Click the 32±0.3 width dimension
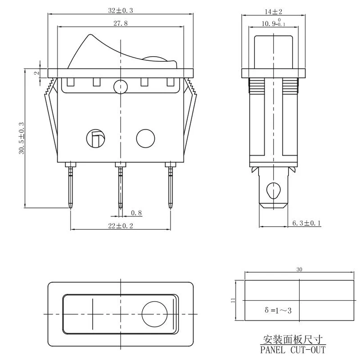click(x=120, y=10)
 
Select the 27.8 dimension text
click(x=120, y=23)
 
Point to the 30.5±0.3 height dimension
click(x=22, y=138)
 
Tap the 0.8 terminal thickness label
click(x=136, y=213)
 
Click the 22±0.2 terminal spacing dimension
click(x=121, y=226)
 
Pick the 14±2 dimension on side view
click(x=273, y=12)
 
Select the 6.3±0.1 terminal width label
click(x=306, y=223)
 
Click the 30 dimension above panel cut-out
click(x=299, y=269)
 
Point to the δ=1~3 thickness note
click(x=278, y=310)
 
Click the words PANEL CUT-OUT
click(x=293, y=350)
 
